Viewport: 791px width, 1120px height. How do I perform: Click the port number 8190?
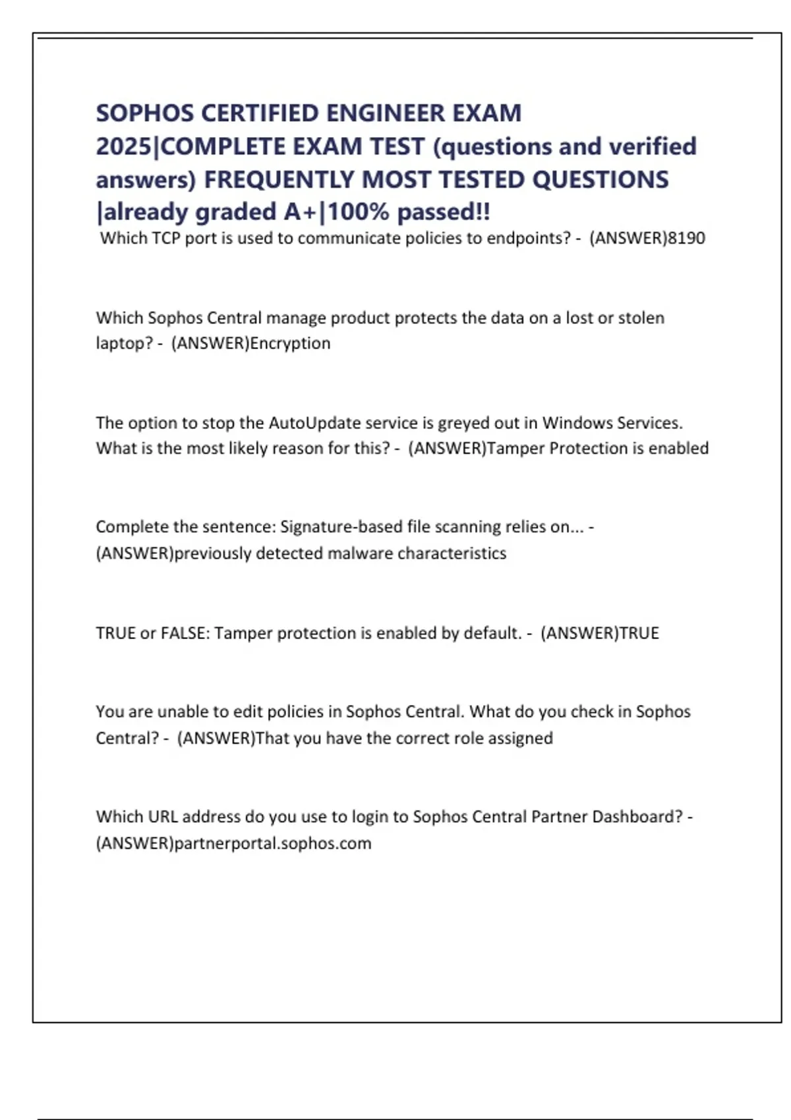687,238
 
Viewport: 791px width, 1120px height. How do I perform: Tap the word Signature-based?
341,527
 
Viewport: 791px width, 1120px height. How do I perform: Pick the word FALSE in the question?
183,633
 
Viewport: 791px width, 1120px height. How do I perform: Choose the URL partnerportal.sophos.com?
272,843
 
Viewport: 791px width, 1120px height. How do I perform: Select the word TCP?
166,238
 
